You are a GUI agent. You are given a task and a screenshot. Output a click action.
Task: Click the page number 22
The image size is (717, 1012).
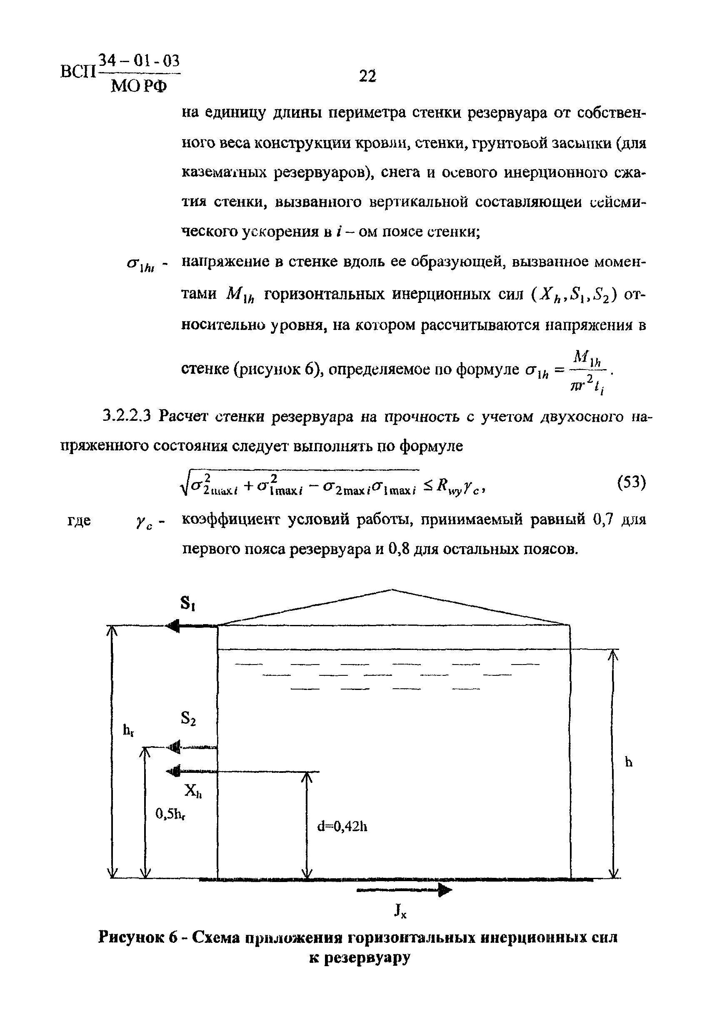click(x=367, y=76)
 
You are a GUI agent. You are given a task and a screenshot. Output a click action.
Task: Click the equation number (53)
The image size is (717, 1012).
click(x=631, y=483)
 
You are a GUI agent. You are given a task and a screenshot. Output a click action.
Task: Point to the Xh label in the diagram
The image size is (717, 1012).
click(x=192, y=792)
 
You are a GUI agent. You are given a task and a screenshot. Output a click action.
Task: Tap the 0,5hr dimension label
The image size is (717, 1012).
click(x=170, y=813)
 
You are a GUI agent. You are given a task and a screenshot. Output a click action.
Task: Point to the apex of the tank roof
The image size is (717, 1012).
click(x=392, y=590)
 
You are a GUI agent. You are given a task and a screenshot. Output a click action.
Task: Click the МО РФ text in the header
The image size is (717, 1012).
click(x=139, y=86)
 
